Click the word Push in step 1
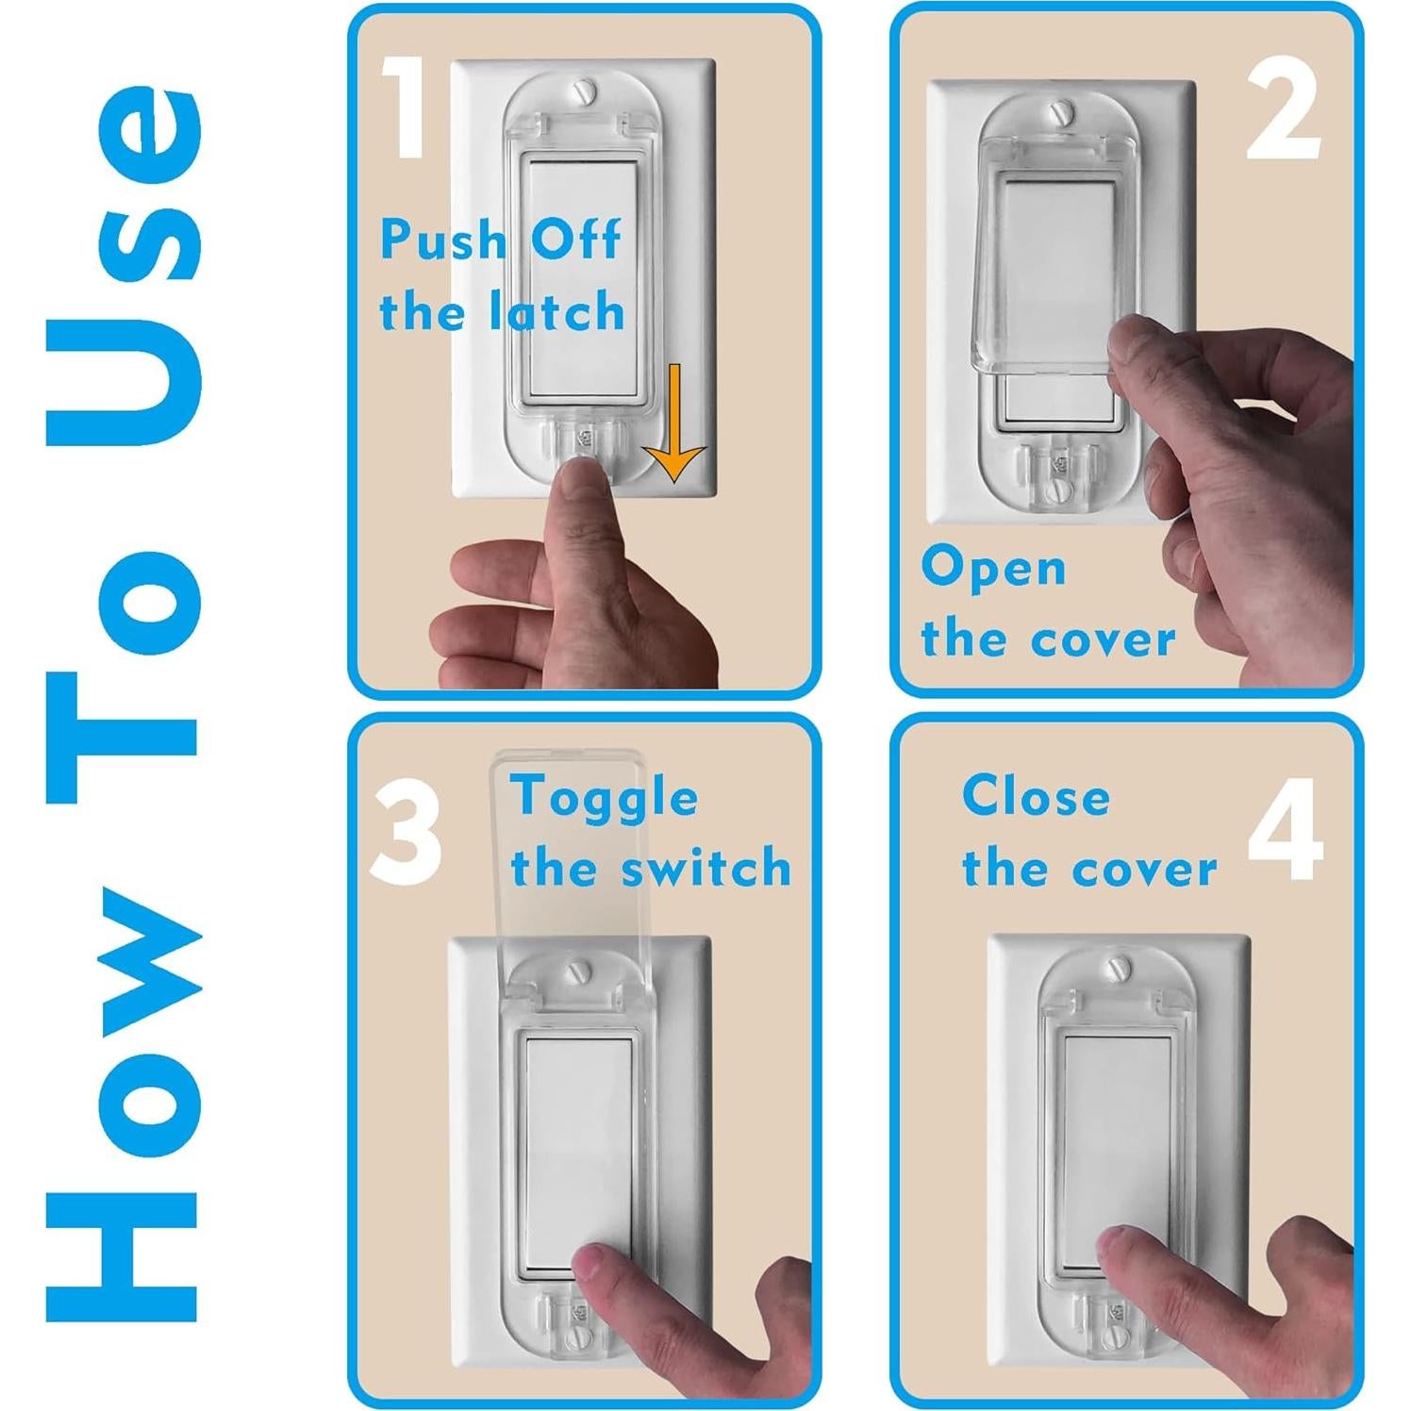coord(444,240)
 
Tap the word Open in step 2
coord(993,568)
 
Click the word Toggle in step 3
coord(605,798)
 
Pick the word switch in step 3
coord(707,869)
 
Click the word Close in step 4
coord(1036,797)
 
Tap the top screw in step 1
coord(586,92)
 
